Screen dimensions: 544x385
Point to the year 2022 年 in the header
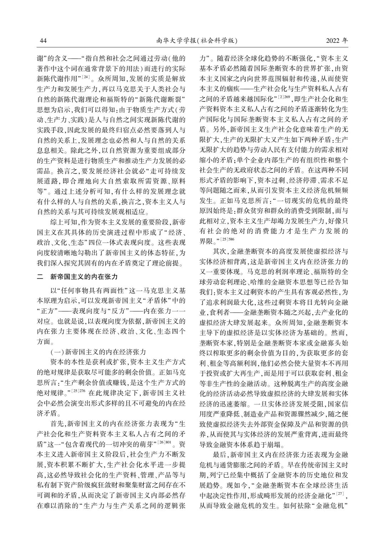point(337,41)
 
